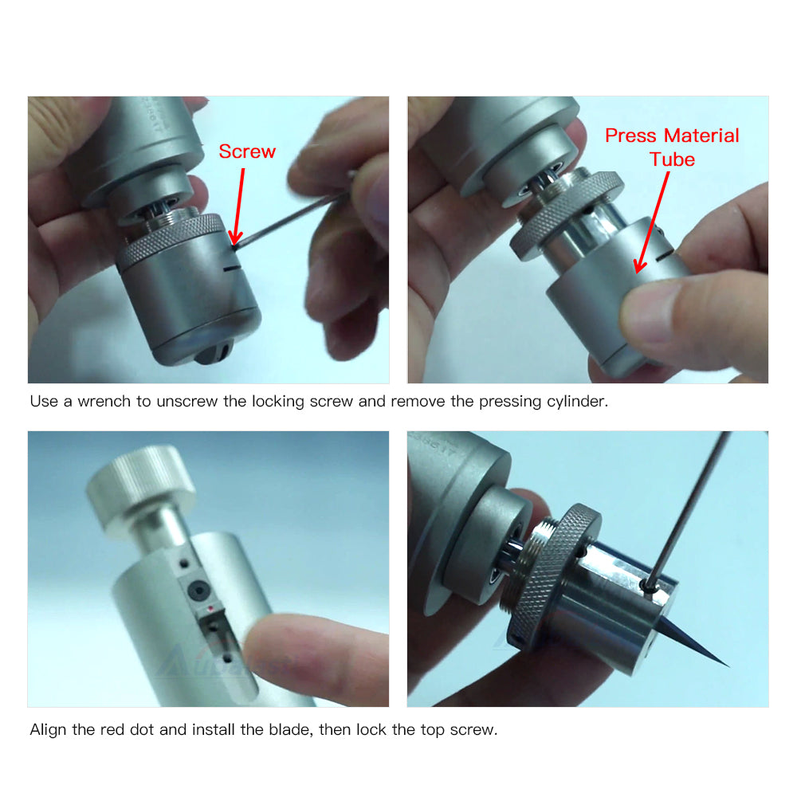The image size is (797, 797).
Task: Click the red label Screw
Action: point(247,151)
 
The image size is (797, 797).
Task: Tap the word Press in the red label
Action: point(630,135)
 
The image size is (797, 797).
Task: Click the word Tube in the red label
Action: point(672,159)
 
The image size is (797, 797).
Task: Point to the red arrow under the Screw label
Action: point(238,206)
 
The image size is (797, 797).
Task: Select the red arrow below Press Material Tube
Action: point(652,222)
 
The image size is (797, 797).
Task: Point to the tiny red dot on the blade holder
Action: point(210,608)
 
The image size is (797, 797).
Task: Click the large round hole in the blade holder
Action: point(198,590)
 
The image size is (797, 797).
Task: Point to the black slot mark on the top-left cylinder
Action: point(230,267)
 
